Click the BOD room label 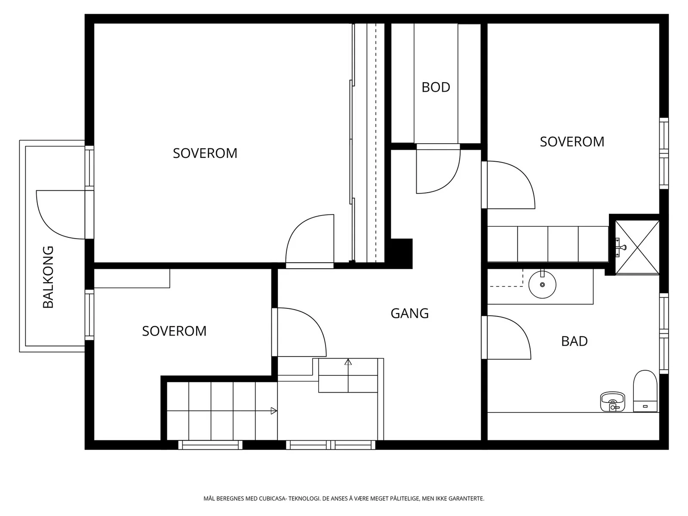tap(436, 87)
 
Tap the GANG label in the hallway tap(410, 313)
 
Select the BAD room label tap(574, 341)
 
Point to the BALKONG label tap(48, 277)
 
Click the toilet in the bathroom tap(645, 391)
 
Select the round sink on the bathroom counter tap(542, 284)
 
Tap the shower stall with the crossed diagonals tap(637, 248)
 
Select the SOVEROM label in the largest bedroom tap(205, 153)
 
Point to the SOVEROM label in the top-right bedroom tap(572, 141)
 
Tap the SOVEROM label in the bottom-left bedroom tap(174, 331)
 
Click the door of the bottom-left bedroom tap(299, 332)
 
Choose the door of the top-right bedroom tap(508, 185)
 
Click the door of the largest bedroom tap(310, 241)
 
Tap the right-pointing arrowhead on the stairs tap(273, 411)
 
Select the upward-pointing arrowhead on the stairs tap(348, 362)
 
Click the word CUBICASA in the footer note tap(272, 498)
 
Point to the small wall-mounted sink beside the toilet tap(612, 401)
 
